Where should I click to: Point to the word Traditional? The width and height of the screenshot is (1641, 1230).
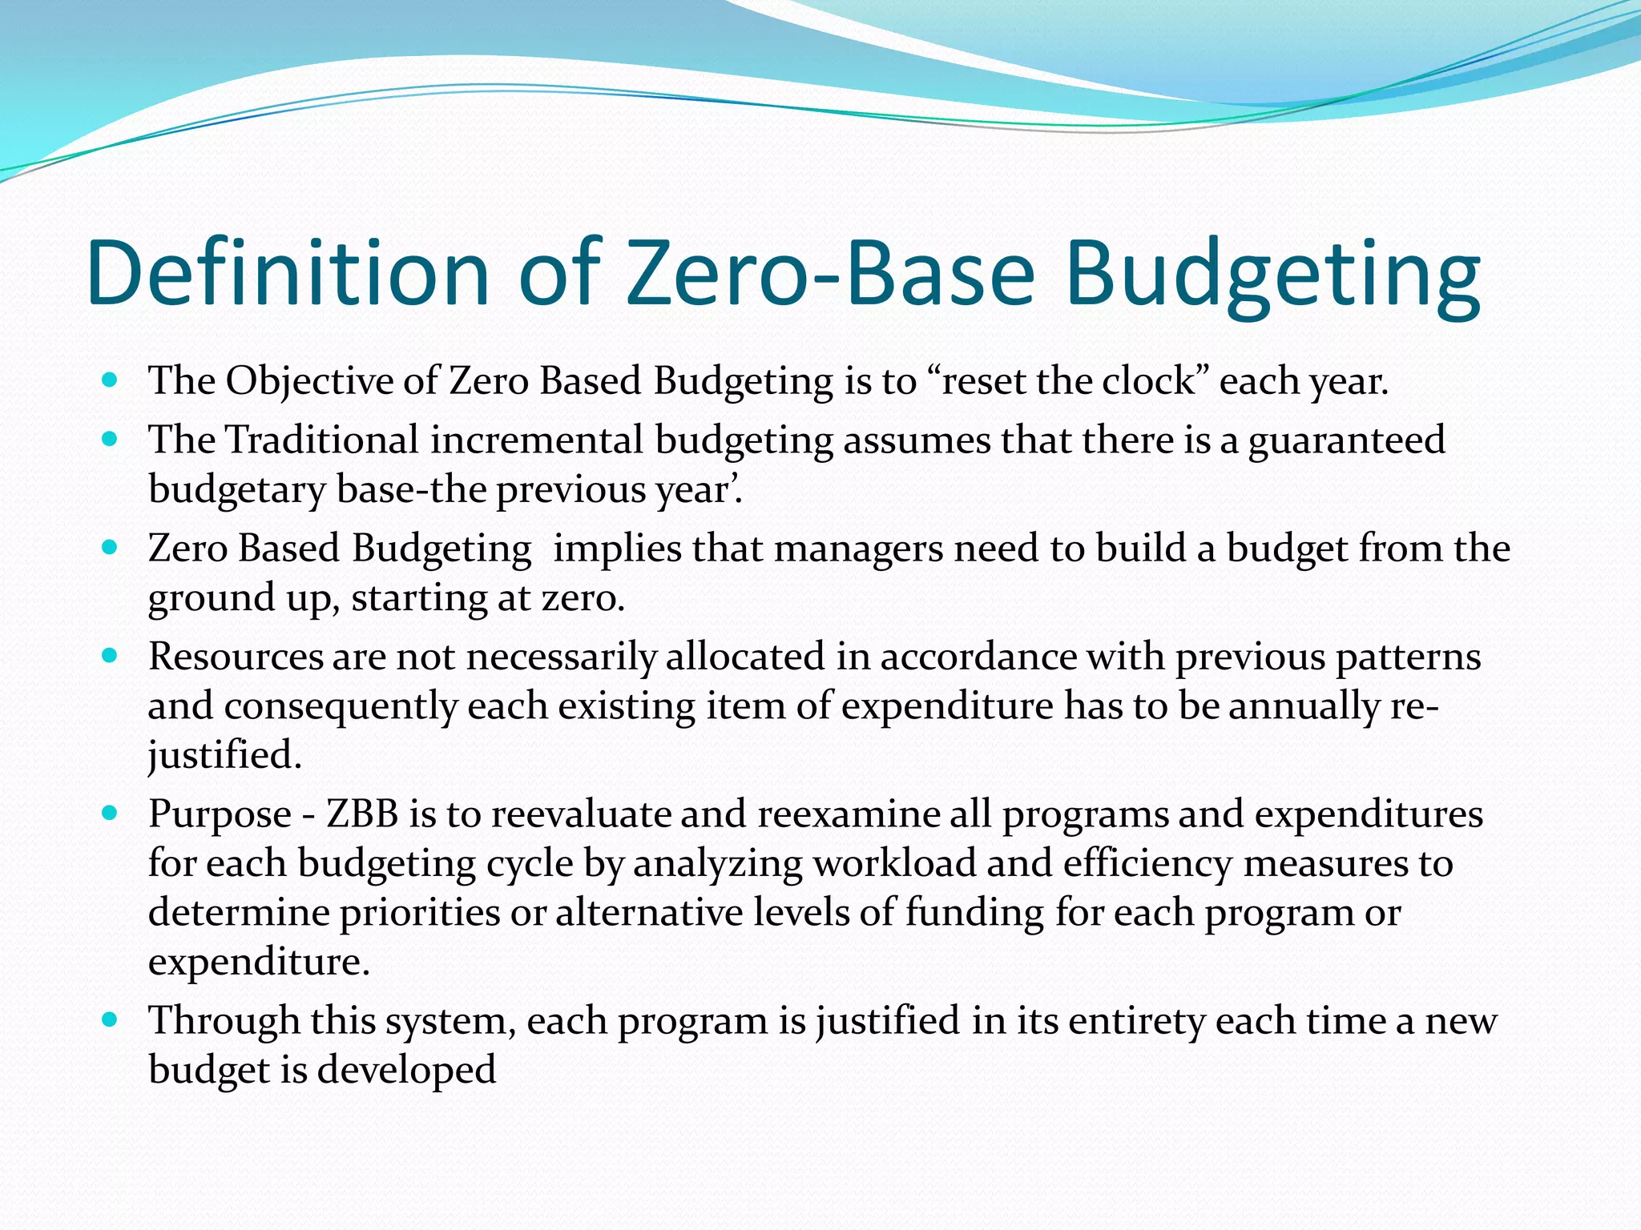pos(321,440)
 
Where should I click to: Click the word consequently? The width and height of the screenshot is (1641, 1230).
pos(341,707)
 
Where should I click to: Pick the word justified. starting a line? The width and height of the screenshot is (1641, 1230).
pos(225,755)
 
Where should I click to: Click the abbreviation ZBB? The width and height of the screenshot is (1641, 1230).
pos(362,814)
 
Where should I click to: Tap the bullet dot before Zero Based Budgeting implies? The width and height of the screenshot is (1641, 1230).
pos(111,549)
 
